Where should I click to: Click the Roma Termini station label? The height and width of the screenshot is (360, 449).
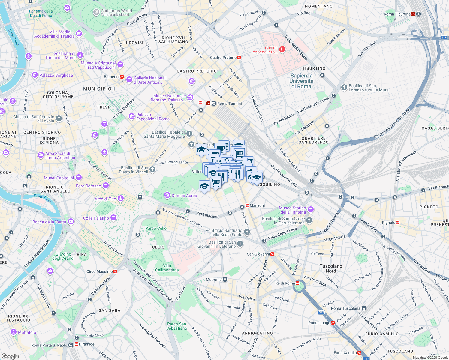(x=229, y=103)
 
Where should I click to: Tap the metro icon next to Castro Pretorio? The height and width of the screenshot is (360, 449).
(x=239, y=58)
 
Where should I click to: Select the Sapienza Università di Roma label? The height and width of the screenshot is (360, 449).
(x=301, y=81)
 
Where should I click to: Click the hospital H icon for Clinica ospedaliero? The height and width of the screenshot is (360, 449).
(x=282, y=49)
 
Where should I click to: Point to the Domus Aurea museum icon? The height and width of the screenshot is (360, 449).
(x=167, y=196)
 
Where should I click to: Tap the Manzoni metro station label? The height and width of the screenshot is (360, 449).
(x=257, y=205)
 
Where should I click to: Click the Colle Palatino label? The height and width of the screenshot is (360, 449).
(x=96, y=218)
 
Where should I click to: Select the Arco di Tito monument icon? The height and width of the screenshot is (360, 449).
(x=120, y=199)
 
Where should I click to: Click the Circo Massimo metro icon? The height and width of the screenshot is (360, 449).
(x=115, y=271)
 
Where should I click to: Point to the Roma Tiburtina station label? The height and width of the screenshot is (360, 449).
(x=397, y=14)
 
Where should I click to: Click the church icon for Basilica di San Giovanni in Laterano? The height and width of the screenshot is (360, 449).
(x=240, y=244)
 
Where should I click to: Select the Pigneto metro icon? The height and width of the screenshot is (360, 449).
(x=398, y=223)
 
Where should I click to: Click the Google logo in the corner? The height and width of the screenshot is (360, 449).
(x=10, y=356)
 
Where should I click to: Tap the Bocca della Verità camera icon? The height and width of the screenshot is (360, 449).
(x=71, y=222)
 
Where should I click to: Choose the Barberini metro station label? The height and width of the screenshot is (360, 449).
(x=111, y=77)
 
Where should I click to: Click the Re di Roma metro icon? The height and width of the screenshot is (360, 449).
(x=297, y=283)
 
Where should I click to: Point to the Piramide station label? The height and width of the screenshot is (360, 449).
(x=86, y=344)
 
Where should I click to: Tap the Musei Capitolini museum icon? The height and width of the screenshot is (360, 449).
(x=79, y=178)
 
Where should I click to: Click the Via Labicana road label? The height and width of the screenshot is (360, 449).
(x=207, y=215)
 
